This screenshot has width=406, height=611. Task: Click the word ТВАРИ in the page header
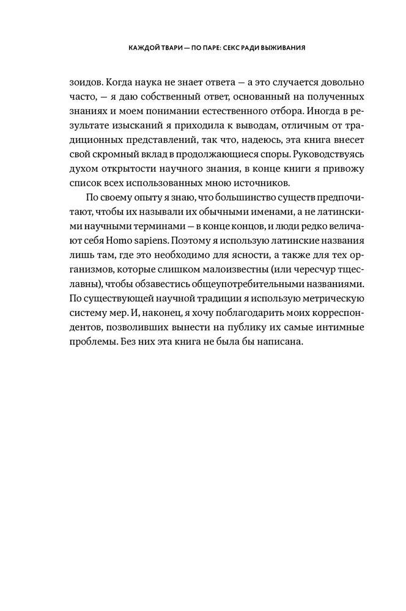(x=164, y=46)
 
